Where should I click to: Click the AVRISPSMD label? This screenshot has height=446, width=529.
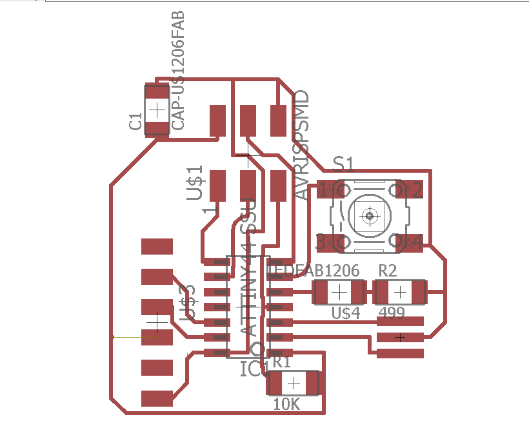tap(301, 146)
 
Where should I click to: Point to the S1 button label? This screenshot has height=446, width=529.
tap(343, 164)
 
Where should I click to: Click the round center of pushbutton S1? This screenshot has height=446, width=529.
tap(369, 215)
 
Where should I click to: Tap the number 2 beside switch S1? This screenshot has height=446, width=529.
tap(417, 190)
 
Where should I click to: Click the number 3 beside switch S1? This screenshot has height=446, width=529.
tap(321, 243)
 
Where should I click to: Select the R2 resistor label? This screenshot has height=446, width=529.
tap(387, 271)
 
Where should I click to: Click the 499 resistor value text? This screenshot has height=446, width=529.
tap(392, 313)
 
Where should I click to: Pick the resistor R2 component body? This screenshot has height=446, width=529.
tap(400, 293)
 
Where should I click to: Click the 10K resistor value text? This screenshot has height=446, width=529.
tap(286, 404)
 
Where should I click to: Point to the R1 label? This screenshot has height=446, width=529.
tap(281, 362)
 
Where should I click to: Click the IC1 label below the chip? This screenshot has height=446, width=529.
tap(254, 369)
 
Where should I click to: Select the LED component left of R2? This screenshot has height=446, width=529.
tap(338, 293)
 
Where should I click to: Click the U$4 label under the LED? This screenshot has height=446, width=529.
tap(345, 313)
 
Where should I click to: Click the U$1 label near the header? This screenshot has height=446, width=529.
tap(195, 183)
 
